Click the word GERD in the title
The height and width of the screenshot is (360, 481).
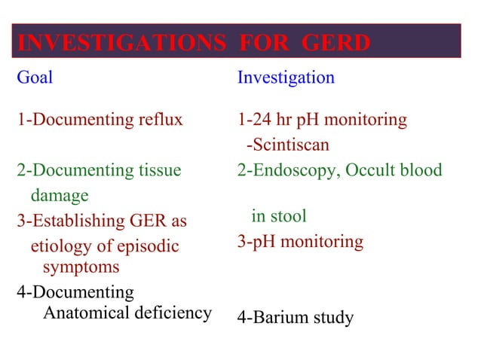335,44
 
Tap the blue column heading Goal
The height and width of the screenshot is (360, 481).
35,78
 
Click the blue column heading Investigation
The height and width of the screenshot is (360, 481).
286,78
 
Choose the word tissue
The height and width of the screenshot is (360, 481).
160,170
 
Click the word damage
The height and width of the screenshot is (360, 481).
60,196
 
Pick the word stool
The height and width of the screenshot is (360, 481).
289,216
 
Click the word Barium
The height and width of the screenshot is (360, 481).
280,318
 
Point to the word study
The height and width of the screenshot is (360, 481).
332,318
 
